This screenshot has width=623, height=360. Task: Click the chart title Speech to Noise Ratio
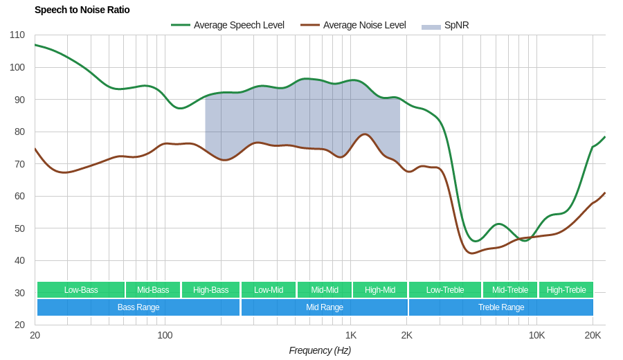point(82,10)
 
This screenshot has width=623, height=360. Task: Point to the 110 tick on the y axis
point(17,35)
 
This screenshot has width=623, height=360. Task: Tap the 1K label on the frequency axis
point(351,335)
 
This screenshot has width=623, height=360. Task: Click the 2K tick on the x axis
point(406,335)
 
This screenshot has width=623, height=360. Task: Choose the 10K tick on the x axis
point(536,335)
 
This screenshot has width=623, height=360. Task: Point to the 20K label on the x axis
point(593,335)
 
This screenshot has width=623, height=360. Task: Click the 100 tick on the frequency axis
point(165,335)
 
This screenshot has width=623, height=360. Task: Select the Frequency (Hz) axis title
point(320,350)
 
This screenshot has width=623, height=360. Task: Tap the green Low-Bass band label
point(81,290)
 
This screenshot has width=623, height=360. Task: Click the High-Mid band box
point(380,290)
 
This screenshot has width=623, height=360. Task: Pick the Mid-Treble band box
point(510,290)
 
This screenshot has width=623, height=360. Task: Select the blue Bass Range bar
point(138,307)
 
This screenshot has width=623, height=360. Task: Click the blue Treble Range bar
point(501,307)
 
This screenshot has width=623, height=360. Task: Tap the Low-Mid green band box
point(269,290)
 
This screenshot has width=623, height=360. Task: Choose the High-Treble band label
point(566,290)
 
